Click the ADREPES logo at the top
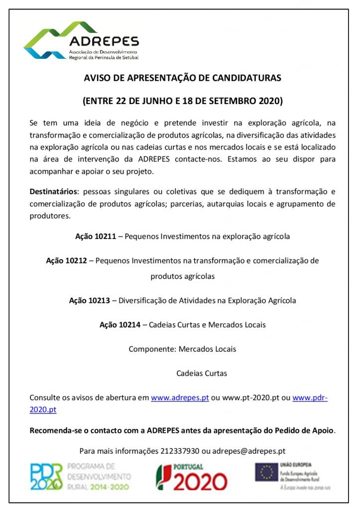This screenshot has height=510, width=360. pos(82,41)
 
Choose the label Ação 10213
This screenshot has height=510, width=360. pos(90,300)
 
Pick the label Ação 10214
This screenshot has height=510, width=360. pos(120,325)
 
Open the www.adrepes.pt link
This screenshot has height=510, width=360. pos(180,398)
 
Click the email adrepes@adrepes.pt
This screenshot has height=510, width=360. pos(249,451)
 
